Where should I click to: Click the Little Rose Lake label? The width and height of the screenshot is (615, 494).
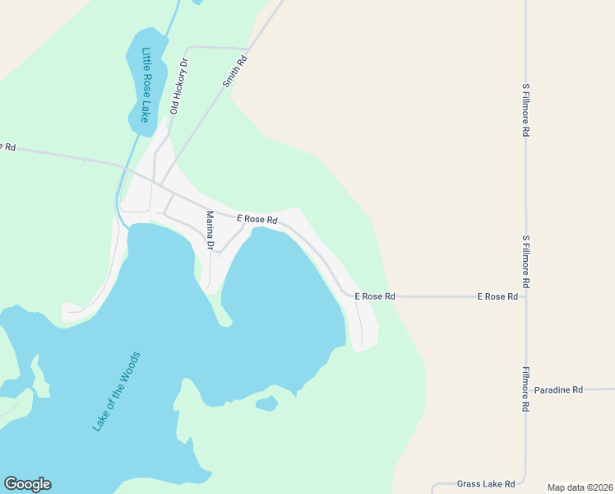coord(146,85)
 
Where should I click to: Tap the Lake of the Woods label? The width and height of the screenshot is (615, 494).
coord(117,391)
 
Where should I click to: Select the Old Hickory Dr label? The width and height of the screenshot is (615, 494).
coord(178,86)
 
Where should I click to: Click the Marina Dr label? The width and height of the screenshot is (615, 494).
coord(210,231)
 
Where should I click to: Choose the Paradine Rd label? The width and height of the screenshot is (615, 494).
coord(557,389)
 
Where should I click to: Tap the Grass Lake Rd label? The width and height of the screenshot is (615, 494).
coord(486,483)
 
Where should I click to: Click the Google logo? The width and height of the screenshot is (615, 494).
coord(27,484)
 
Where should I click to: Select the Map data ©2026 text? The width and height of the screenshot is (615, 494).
coord(580,487)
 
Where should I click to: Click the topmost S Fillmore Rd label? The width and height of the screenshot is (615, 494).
coord(525,109)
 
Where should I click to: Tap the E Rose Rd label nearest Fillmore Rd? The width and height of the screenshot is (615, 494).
coord(497,296)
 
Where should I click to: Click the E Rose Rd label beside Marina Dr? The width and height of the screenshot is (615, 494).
coord(257,220)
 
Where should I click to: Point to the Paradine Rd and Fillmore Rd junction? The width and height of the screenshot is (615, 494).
coord(526,389)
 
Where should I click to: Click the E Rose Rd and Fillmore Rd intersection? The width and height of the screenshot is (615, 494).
coord(526,296)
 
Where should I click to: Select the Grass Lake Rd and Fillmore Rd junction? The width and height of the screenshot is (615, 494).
coord(526,483)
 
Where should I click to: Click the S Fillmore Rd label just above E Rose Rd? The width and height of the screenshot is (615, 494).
coord(525,261)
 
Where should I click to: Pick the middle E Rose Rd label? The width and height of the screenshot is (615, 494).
coord(375,296)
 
